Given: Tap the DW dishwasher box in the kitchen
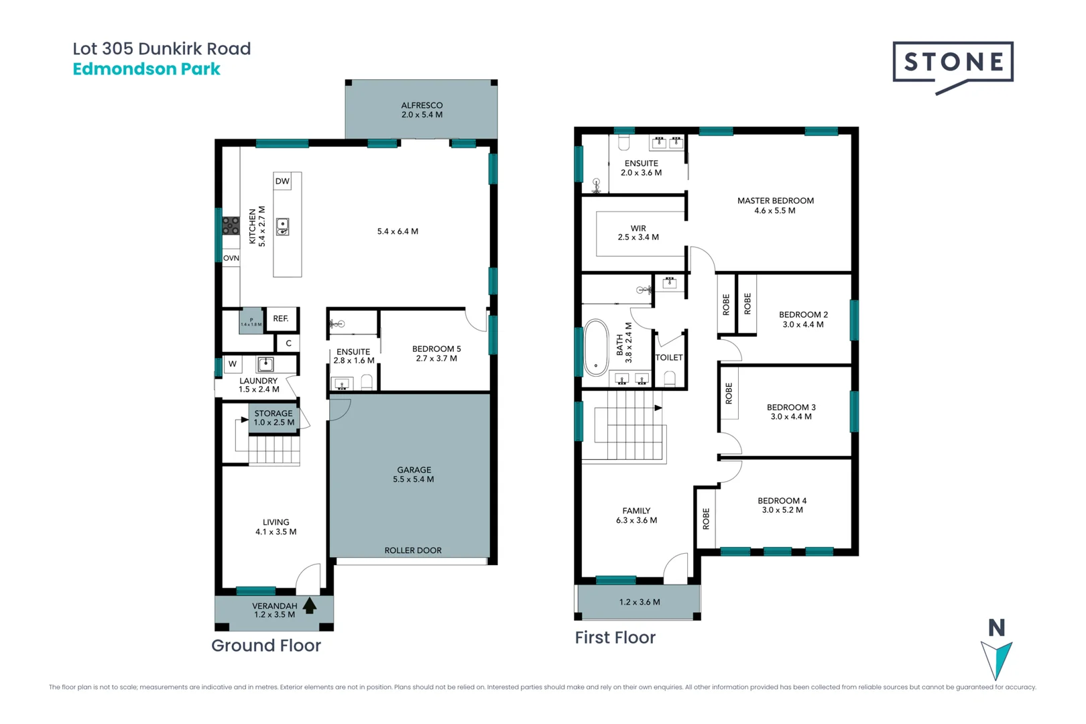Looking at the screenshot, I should pos(282,181).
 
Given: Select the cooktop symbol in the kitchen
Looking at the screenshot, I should pos(231,225).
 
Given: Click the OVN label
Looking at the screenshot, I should pos(231,258).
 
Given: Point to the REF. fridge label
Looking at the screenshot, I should pos(281,318).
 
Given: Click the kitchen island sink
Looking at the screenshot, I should pos(283,227).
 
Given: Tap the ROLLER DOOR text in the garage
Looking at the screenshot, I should pos(413,550).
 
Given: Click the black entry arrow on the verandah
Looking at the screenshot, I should pos(310,605).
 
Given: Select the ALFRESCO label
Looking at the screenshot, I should pos(422,105).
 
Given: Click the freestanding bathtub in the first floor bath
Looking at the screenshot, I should pos(596,347).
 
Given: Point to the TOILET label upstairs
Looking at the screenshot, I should pos(669,357).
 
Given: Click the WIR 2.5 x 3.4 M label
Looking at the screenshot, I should pos(638,233).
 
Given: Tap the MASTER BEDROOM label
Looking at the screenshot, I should pos(776,200).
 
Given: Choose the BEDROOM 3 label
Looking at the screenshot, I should pos(791,407).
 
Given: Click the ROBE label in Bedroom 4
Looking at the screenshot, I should pos(706,519).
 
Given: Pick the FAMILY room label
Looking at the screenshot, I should pos(636,511).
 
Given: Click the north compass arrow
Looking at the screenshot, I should pos(997,660).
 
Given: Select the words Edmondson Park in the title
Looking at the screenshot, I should pos(146,69).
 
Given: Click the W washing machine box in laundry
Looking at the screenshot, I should pos(233,364).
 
